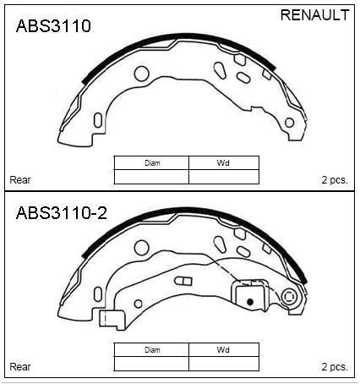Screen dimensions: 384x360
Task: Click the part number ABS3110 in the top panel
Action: click(x=52, y=26)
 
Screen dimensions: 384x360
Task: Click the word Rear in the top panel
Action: click(x=19, y=180)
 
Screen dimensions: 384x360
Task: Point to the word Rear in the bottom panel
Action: click(x=19, y=367)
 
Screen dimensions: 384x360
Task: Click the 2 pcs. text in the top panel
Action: click(x=334, y=180)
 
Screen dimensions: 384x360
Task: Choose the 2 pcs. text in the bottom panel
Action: click(x=334, y=367)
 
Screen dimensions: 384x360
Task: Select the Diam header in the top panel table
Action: click(x=151, y=162)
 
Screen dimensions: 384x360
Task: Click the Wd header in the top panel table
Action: click(x=223, y=162)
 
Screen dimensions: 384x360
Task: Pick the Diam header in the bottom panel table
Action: click(x=151, y=349)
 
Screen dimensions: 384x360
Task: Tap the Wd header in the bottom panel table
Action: click(x=223, y=349)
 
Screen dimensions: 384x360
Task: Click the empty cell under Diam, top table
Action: click(x=151, y=176)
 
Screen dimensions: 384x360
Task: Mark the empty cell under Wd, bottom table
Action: click(x=223, y=363)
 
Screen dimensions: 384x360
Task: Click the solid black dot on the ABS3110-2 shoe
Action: click(x=249, y=300)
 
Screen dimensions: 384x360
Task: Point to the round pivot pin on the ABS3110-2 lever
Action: click(x=290, y=297)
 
